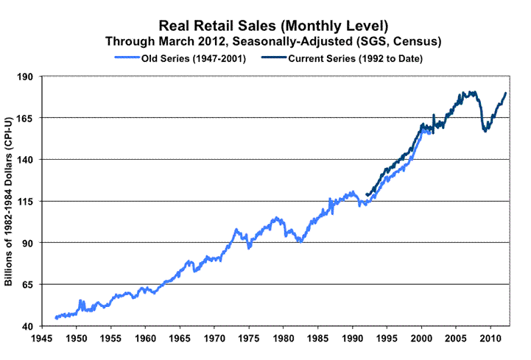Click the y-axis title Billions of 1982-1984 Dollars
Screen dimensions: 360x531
click(10, 200)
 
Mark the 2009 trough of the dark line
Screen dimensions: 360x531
click(485, 131)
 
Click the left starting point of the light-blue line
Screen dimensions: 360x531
click(55, 318)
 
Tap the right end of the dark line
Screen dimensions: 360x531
click(506, 93)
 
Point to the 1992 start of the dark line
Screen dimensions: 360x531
click(366, 194)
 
